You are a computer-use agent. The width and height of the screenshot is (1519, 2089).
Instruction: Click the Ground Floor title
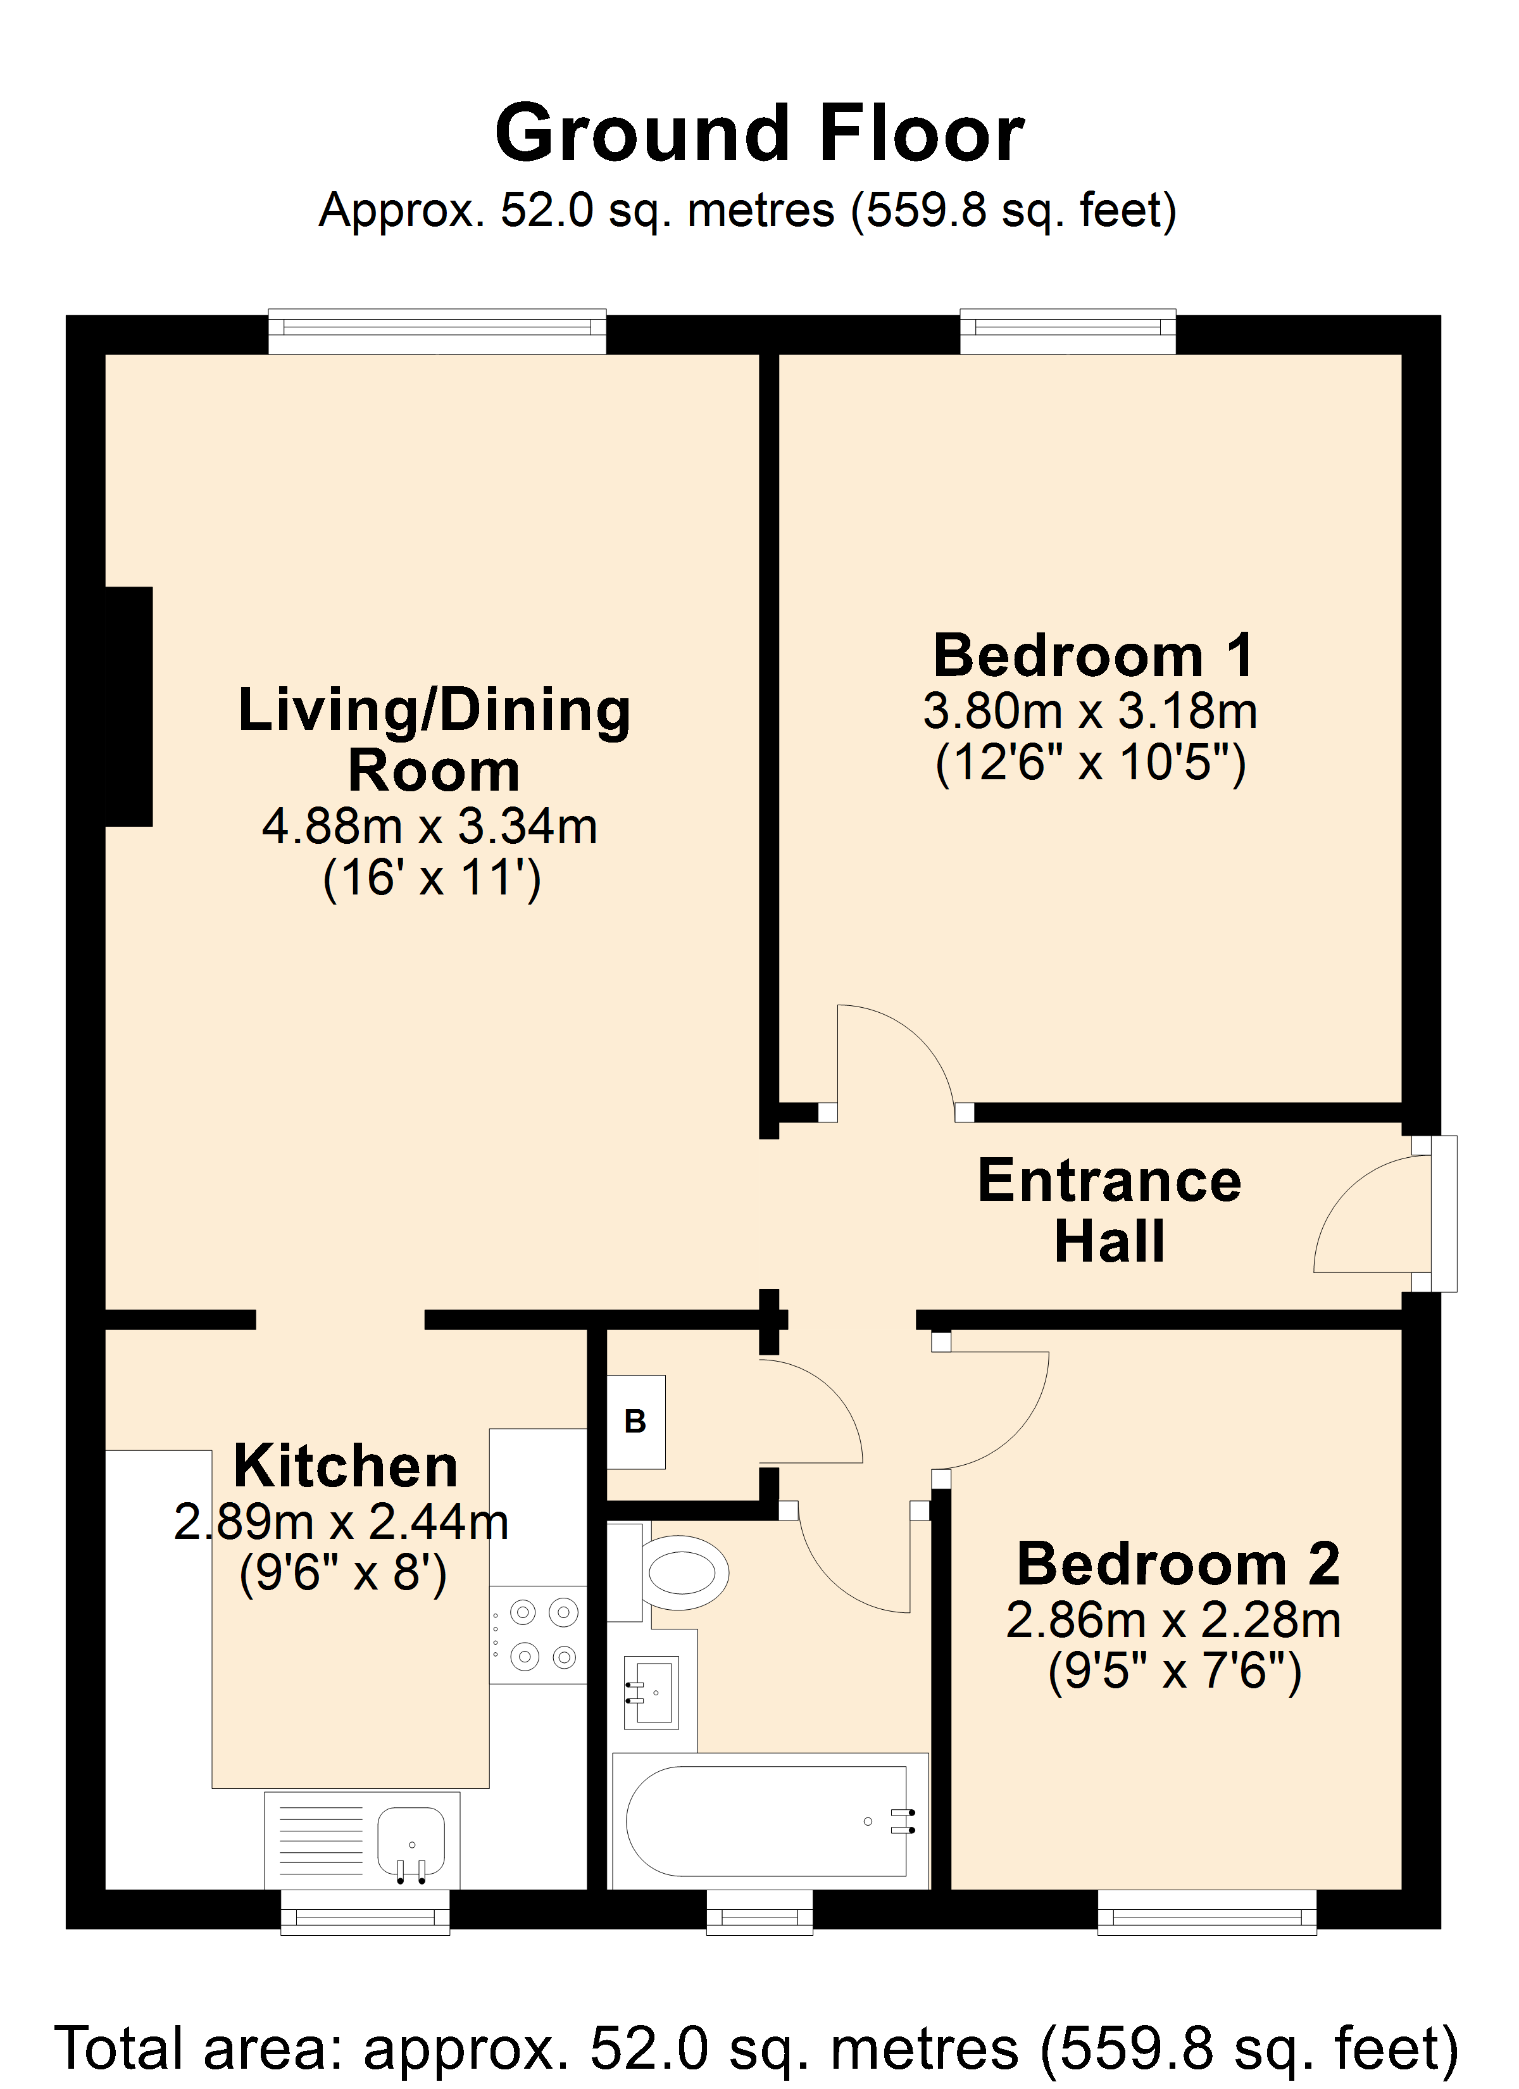coord(760,134)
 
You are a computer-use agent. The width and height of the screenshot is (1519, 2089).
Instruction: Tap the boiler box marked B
coord(635,1422)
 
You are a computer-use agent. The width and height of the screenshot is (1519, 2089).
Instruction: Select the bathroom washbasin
coord(652,1692)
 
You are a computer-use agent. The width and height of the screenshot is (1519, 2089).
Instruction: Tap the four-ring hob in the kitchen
coord(538,1635)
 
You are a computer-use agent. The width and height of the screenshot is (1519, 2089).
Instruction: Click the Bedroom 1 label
coord(1094,655)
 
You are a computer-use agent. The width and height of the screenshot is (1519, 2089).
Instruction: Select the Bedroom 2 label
coord(1178,1564)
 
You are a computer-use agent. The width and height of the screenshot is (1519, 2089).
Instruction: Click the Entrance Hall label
coord(1110,1210)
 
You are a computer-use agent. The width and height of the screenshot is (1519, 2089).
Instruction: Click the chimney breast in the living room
coord(129,706)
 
